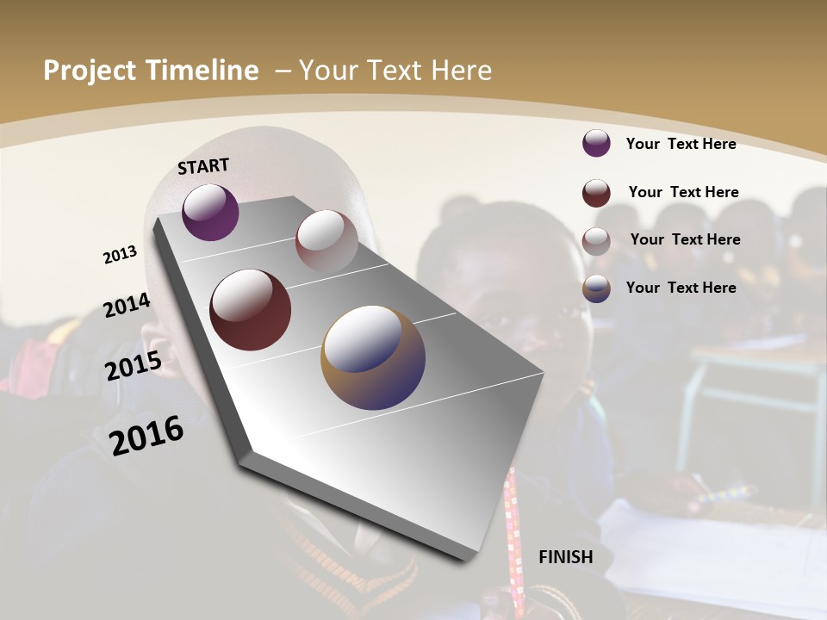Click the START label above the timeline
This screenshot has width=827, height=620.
[203, 166]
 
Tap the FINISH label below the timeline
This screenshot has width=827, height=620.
[566, 557]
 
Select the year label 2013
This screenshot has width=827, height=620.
[121, 255]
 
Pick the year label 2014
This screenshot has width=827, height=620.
[127, 305]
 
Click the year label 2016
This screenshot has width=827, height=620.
[147, 436]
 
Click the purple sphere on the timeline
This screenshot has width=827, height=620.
[210, 212]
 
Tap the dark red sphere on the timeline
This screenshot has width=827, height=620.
[251, 310]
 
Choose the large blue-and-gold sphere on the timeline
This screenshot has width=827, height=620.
[373, 357]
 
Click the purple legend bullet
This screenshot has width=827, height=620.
[596, 143]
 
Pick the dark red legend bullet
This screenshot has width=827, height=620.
[596, 193]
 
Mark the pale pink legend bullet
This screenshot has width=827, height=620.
[596, 241]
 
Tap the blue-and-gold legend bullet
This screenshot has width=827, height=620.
[596, 288]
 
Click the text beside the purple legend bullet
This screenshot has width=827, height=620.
[681, 144]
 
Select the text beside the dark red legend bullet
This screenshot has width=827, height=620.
[683, 192]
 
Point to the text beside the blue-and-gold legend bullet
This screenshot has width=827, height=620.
[681, 288]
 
